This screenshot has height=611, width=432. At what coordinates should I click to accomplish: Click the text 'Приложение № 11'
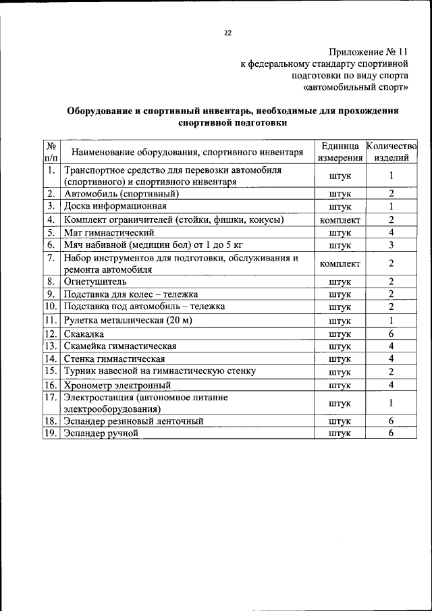(369, 52)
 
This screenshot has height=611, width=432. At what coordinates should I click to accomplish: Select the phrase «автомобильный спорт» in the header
(356, 87)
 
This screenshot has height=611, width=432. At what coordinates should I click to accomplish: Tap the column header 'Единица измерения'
(340, 152)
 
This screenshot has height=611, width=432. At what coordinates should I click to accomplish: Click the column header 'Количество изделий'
(391, 152)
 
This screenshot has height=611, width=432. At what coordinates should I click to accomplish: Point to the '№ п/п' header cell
(51, 152)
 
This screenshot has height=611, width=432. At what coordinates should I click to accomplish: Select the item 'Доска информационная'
(114, 206)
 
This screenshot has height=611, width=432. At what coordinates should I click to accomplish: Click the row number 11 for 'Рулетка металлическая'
(51, 320)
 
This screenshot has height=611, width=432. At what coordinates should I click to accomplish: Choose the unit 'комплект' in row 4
(340, 220)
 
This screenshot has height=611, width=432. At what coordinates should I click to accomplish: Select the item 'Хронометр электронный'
(117, 385)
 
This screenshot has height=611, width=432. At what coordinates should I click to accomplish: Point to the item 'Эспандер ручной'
(101, 433)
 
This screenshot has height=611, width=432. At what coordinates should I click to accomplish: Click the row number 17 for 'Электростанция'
(51, 398)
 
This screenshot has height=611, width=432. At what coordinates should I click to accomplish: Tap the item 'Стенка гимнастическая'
(114, 359)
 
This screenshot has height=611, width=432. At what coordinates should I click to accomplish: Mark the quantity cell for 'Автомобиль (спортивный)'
(391, 194)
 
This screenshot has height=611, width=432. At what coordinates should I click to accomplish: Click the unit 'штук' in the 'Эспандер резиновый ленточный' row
(340, 421)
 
